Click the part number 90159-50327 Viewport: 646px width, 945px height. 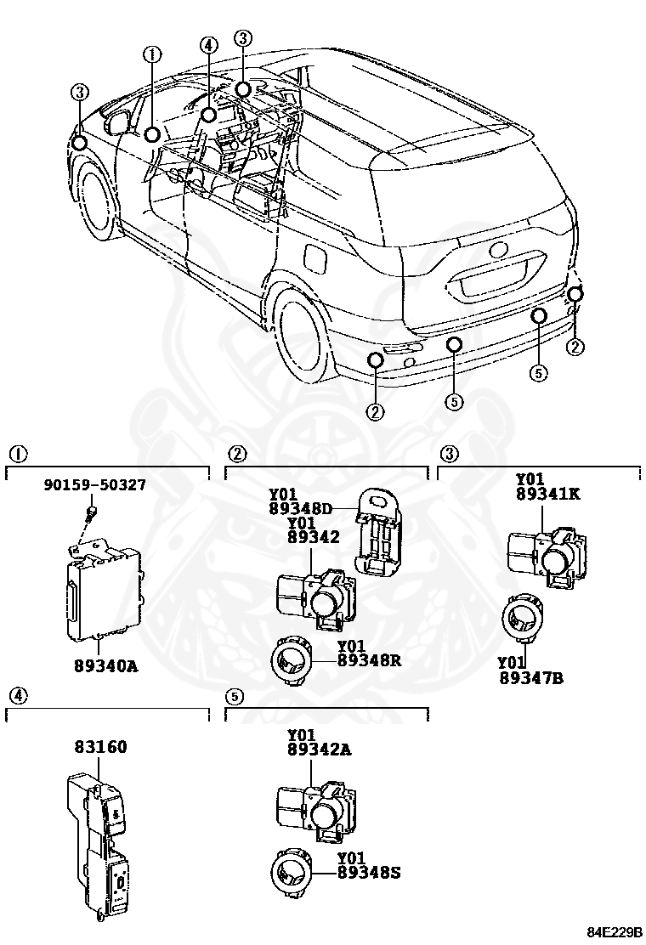click(94, 485)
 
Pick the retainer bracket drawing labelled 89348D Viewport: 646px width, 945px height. click(379, 531)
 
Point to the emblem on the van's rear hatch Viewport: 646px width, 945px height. click(497, 252)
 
